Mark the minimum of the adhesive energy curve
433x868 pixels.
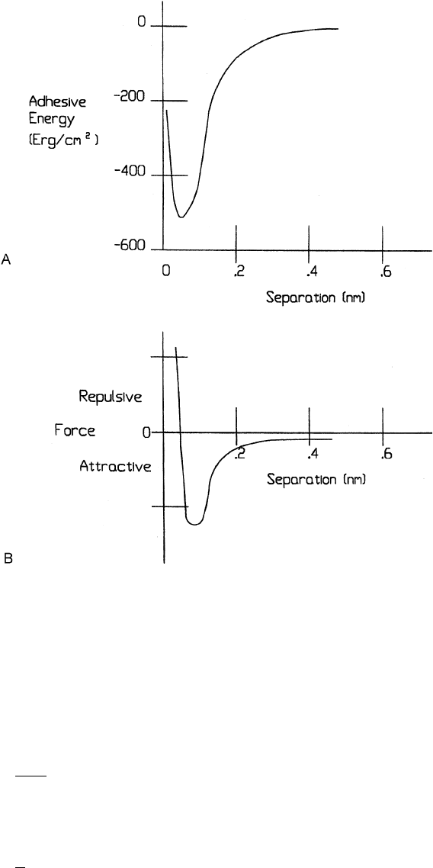(181, 217)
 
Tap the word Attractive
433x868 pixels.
(115, 466)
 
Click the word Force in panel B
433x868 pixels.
(75, 431)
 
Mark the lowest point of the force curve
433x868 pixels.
(194, 524)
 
